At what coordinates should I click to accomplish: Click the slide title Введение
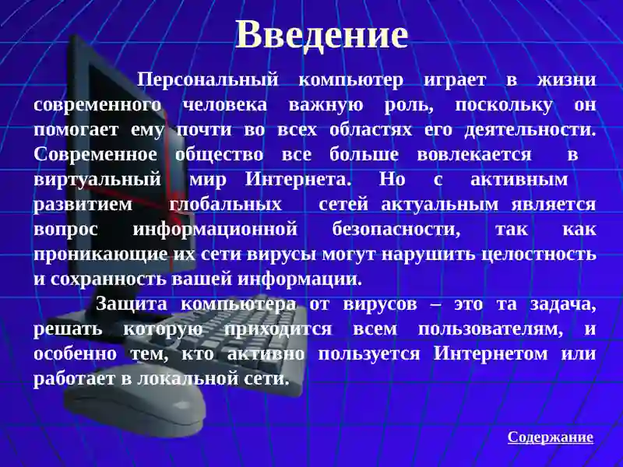(x=322, y=35)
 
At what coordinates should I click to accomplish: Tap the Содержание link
(x=551, y=437)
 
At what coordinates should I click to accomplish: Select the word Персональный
(x=208, y=80)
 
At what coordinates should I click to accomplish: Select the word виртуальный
(x=97, y=180)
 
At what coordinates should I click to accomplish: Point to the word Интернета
(x=298, y=180)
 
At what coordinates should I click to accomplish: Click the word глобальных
(x=225, y=205)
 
